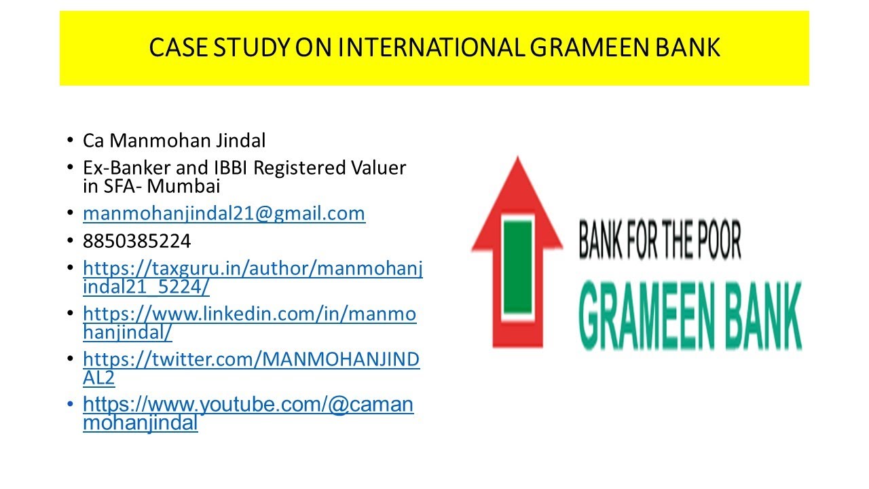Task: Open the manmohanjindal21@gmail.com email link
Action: (x=224, y=214)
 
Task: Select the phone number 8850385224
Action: (x=136, y=241)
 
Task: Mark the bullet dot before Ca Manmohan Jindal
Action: (x=71, y=141)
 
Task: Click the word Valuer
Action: (x=378, y=168)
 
